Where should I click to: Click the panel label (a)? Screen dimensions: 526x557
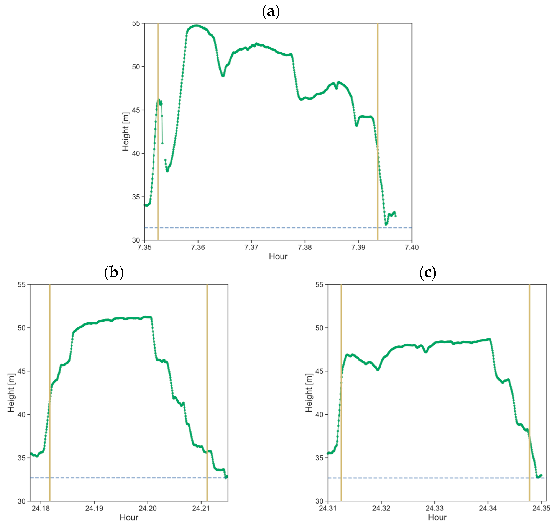[271, 12]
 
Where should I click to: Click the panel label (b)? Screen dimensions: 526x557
[114, 272]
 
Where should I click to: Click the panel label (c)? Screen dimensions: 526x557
[427, 272]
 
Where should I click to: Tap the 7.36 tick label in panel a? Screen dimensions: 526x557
[198, 247]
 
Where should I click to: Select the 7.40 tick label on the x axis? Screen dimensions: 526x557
[412, 247]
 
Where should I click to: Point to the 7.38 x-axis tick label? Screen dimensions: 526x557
[305, 247]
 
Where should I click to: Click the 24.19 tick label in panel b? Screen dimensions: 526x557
[94, 508]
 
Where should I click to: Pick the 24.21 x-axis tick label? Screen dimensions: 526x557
[201, 508]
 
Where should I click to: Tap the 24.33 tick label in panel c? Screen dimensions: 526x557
[435, 508]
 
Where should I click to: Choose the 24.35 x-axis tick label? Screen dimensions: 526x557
[541, 508]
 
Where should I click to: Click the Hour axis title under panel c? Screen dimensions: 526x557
[437, 518]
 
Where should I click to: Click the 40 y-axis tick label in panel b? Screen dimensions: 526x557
[22, 415]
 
